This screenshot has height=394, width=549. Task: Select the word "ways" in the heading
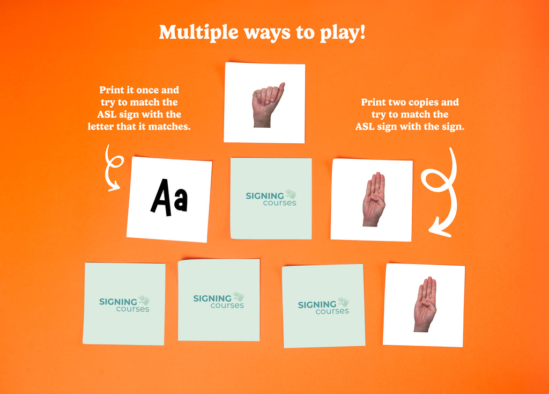267,34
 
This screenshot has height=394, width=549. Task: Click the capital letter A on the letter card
161,196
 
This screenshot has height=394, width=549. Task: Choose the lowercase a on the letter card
181,200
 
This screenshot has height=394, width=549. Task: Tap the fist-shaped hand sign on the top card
268,105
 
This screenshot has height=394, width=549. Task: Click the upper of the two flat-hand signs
374,199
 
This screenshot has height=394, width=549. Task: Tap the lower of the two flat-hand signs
425,304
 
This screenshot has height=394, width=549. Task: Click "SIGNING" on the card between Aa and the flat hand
265,196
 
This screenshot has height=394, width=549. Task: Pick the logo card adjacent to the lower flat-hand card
323,305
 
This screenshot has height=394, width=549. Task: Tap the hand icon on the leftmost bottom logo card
144,300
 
